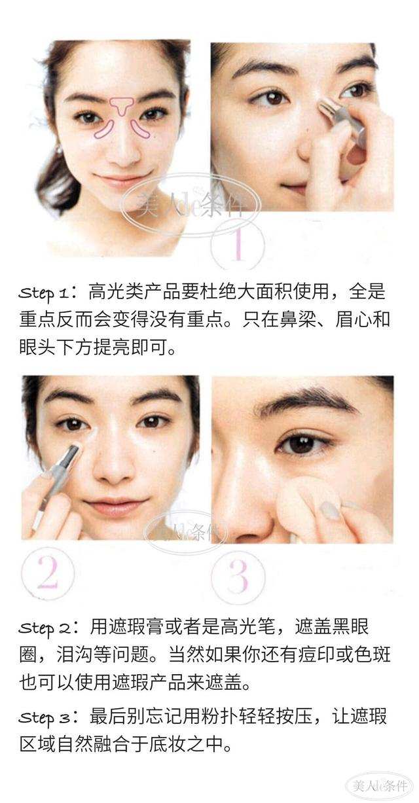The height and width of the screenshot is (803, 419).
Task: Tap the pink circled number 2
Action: (47, 573)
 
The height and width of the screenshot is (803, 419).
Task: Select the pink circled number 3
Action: (238, 576)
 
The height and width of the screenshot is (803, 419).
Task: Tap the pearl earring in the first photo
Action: (59, 150)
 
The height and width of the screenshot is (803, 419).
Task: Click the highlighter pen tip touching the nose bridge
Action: (324, 107)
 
